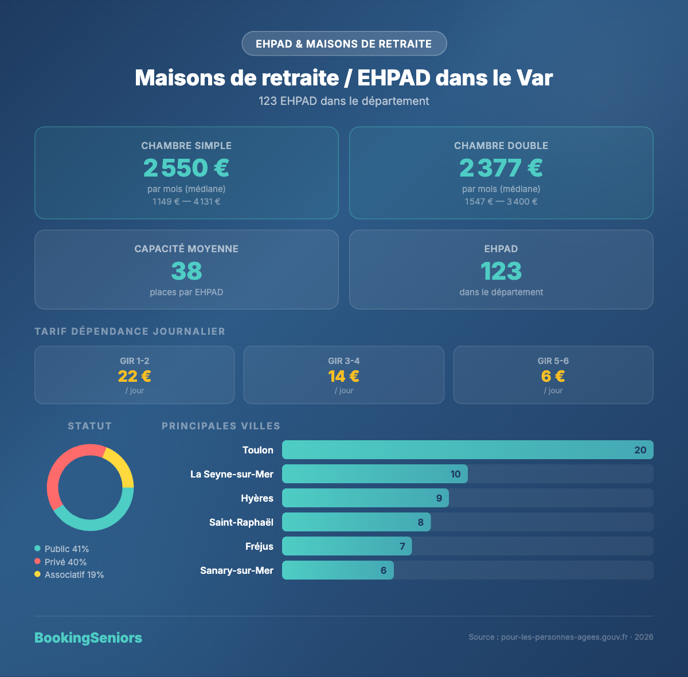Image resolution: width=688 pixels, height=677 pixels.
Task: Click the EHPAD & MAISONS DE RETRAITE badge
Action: coord(344,44)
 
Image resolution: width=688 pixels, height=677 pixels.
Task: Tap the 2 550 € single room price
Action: coord(186,168)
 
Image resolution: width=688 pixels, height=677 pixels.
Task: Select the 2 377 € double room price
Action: coord(501,168)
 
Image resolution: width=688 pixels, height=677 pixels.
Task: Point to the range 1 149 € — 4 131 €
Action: coord(186,202)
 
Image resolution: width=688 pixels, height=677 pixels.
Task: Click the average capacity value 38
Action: coord(186,271)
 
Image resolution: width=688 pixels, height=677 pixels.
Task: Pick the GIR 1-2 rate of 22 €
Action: coord(135,376)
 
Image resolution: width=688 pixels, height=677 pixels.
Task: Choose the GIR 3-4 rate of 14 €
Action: coord(344,376)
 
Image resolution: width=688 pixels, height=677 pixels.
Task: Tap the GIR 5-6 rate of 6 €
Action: coord(553,376)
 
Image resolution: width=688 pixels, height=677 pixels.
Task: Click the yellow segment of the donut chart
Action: coord(121,465)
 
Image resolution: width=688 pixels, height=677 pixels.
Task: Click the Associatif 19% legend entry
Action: coord(69,575)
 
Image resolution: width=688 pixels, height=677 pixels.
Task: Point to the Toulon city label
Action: coord(258,450)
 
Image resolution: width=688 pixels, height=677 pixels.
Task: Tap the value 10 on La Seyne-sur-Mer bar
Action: coord(455,474)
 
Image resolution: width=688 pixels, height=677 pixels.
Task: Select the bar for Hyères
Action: coord(365,498)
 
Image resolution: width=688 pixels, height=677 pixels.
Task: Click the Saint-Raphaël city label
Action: coord(241,522)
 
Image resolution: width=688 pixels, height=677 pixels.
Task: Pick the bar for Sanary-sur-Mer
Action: coord(338,570)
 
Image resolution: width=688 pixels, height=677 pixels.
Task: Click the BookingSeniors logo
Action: coord(88,637)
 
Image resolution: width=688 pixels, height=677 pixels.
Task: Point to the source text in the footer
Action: coord(561,637)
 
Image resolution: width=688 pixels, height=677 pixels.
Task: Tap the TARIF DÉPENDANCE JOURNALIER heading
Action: coord(130,331)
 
